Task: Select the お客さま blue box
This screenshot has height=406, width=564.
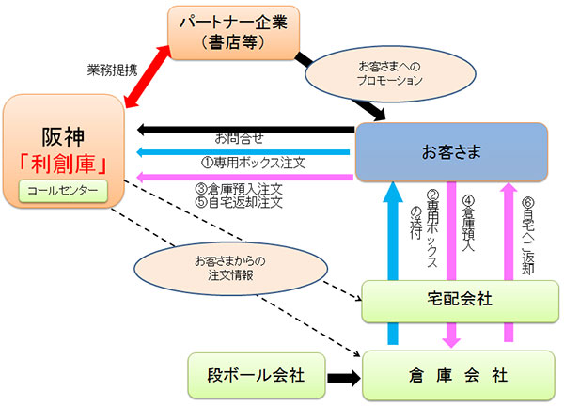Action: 450,149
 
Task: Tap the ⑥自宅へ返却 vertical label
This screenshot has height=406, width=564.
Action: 526,235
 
